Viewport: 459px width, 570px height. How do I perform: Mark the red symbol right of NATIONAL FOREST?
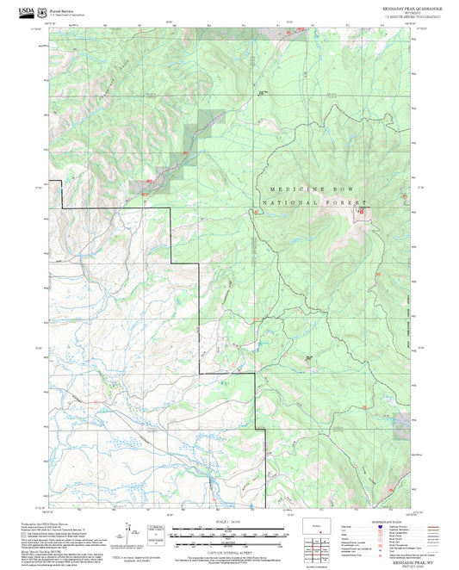[x=361, y=209]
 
